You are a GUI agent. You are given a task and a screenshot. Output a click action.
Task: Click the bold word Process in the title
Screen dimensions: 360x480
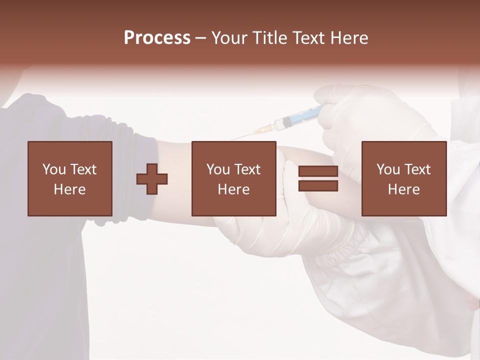157,38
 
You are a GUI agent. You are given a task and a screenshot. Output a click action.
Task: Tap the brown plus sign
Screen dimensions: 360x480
152,179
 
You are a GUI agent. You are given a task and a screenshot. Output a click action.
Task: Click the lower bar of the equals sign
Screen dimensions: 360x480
318,186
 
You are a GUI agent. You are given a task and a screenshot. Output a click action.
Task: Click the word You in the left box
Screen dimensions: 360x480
54,169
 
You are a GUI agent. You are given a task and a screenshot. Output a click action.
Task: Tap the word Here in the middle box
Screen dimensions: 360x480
234,189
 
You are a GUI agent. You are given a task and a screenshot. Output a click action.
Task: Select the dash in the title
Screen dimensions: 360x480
201,38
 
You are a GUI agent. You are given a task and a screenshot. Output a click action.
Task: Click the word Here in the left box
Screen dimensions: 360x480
70,189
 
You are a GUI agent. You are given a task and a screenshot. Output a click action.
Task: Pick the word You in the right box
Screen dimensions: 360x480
388,169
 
